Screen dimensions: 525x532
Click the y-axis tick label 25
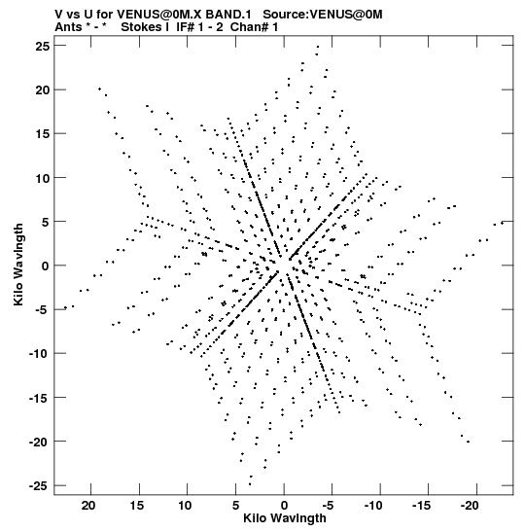[43, 46]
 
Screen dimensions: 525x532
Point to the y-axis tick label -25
[39, 485]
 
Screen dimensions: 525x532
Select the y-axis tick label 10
[43, 177]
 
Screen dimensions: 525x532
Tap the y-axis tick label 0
[46, 266]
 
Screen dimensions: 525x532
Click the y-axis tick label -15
[39, 398]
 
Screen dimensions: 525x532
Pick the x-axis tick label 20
[88, 506]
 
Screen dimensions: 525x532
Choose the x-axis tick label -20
[470, 506]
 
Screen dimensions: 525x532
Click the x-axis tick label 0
[284, 506]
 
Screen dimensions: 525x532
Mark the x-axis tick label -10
[373, 506]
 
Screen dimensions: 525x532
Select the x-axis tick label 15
[137, 506]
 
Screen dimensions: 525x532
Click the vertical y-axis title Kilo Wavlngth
[18, 265]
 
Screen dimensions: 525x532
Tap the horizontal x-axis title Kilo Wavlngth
[285, 518]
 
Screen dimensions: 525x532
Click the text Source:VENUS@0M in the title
[323, 15]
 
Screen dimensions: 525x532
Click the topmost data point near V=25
[318, 47]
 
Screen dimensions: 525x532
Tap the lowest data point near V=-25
[250, 484]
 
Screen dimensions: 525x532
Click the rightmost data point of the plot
[502, 223]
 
